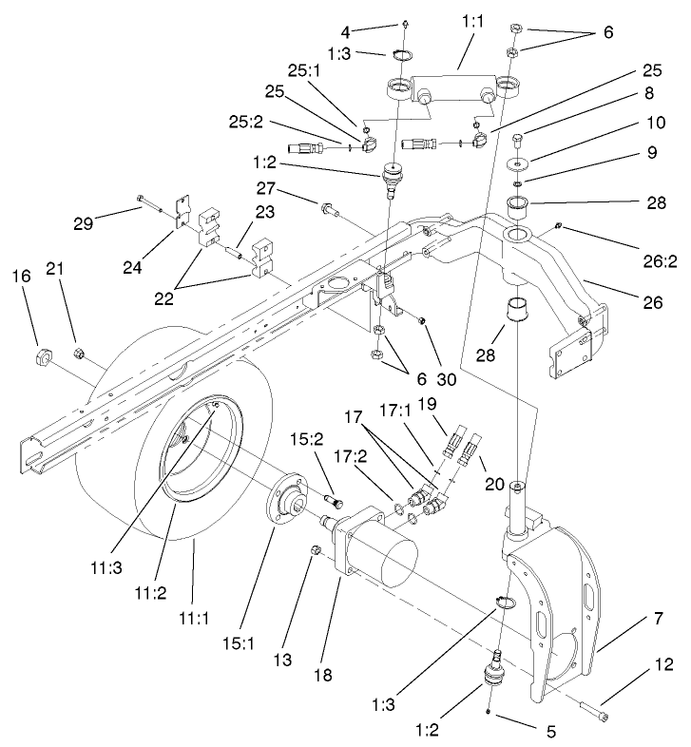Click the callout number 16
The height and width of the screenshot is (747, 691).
click(21, 277)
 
